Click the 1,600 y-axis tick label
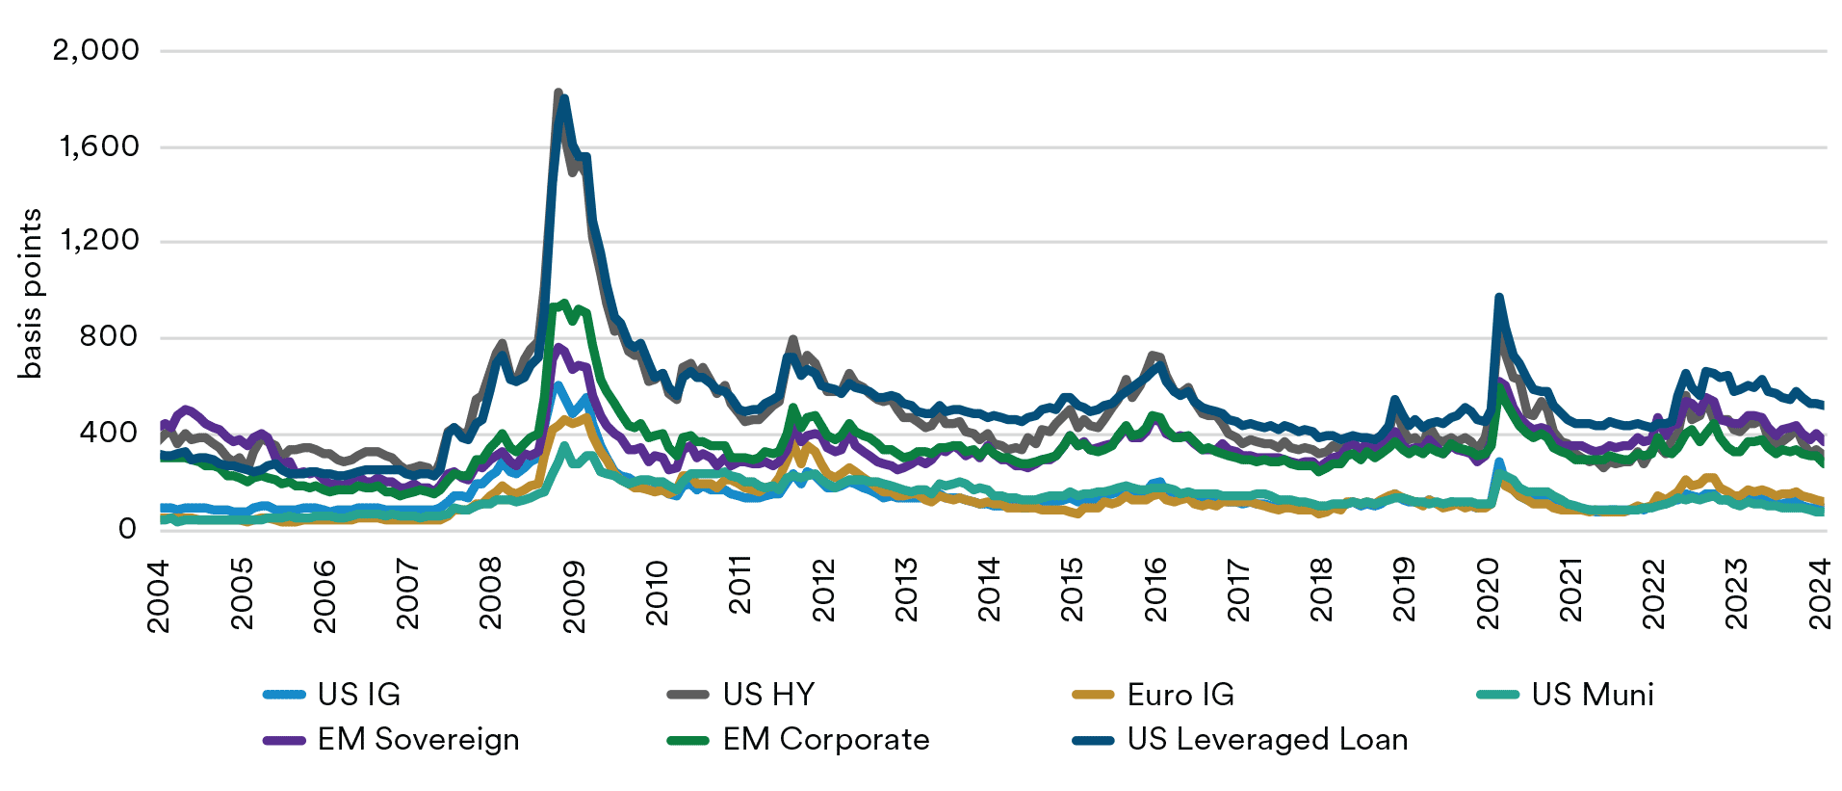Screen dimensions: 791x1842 point(99,146)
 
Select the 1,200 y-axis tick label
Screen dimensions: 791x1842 point(99,241)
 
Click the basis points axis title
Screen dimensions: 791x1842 point(31,294)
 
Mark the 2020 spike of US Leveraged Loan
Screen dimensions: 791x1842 point(1499,298)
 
